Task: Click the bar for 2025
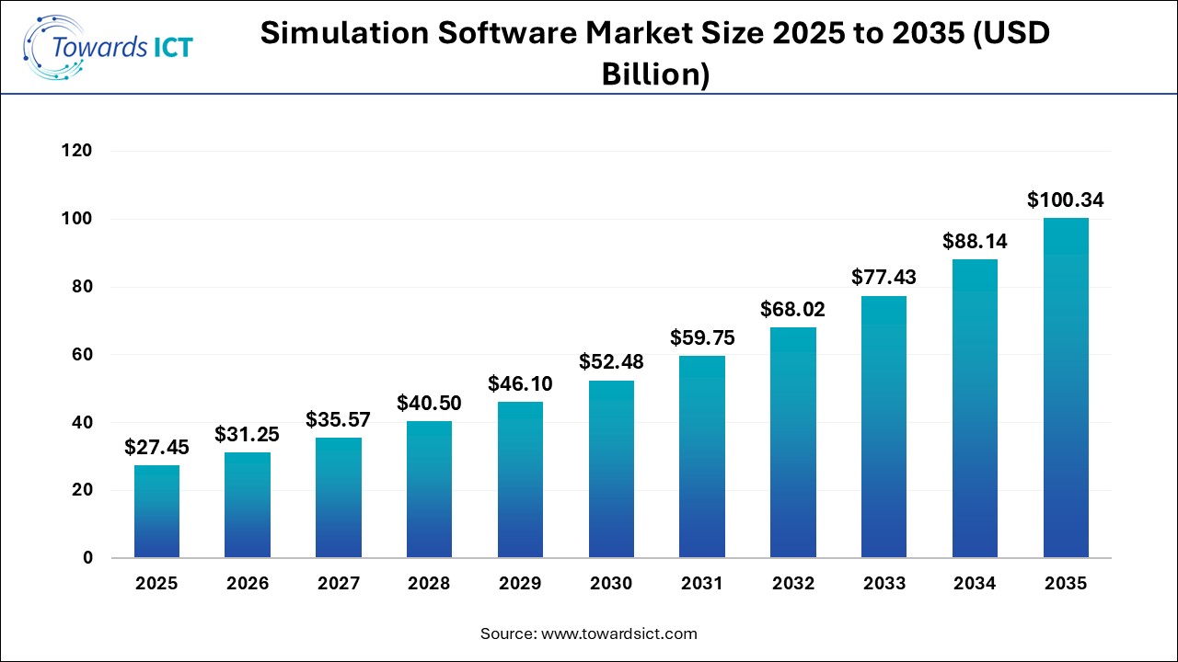point(156,511)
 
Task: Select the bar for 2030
point(611,469)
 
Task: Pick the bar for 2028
point(429,489)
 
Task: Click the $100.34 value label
point(1066,200)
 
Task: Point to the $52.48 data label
point(611,362)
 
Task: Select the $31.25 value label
point(248,434)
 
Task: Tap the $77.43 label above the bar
point(883,277)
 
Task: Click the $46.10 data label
point(520,383)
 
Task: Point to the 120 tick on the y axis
point(79,151)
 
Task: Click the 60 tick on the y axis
point(83,355)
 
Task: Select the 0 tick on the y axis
point(87,558)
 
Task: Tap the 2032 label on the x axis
point(792,584)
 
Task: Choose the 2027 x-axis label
point(339,584)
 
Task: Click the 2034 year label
point(975,584)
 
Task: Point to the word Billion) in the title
point(655,75)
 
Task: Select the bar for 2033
point(883,427)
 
